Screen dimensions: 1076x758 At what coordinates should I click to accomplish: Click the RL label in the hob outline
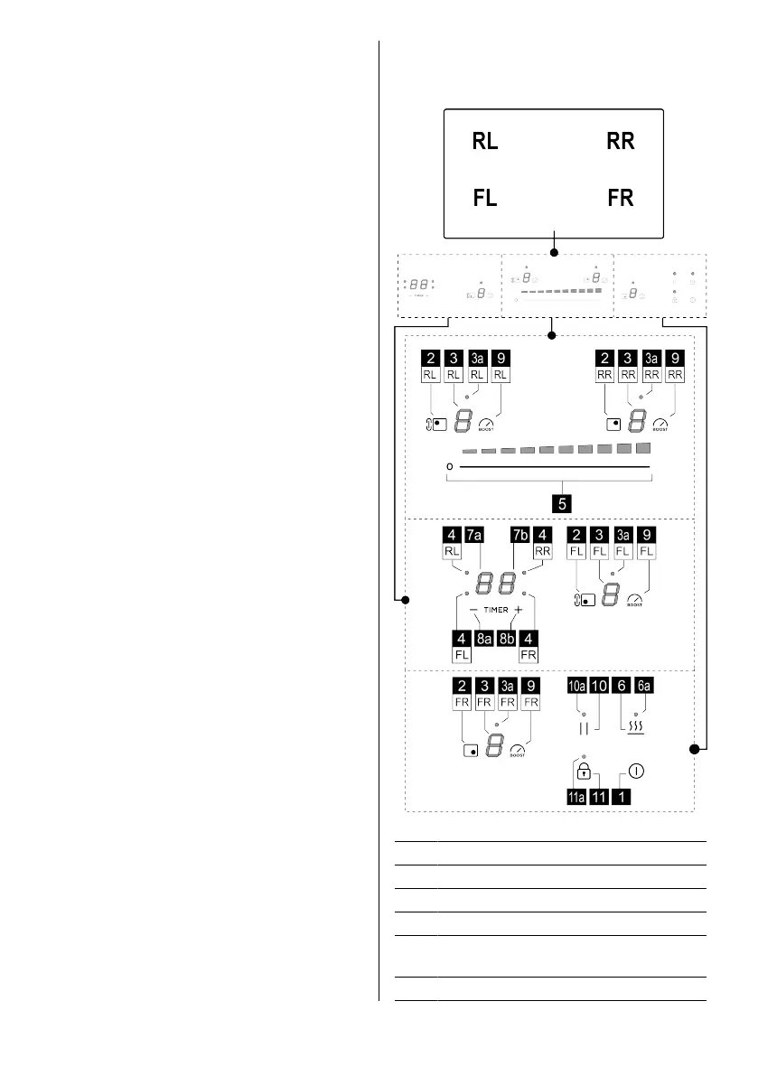[x=485, y=142]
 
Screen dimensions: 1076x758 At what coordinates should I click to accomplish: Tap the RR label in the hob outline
[x=621, y=142]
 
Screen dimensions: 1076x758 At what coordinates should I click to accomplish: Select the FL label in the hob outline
[x=485, y=199]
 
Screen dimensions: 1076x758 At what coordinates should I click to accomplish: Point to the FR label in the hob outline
[x=621, y=199]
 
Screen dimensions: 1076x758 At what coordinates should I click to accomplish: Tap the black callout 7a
[x=473, y=533]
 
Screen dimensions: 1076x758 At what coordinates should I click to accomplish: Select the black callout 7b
[x=519, y=533]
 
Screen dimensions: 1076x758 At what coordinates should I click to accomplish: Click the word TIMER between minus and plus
[x=496, y=611]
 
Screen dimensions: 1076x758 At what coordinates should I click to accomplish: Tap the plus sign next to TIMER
[x=519, y=611]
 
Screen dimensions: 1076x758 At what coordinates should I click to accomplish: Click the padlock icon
[x=585, y=772]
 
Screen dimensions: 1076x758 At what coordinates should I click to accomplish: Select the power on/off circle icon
[x=637, y=772]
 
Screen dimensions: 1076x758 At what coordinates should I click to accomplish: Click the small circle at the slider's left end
[x=449, y=467]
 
